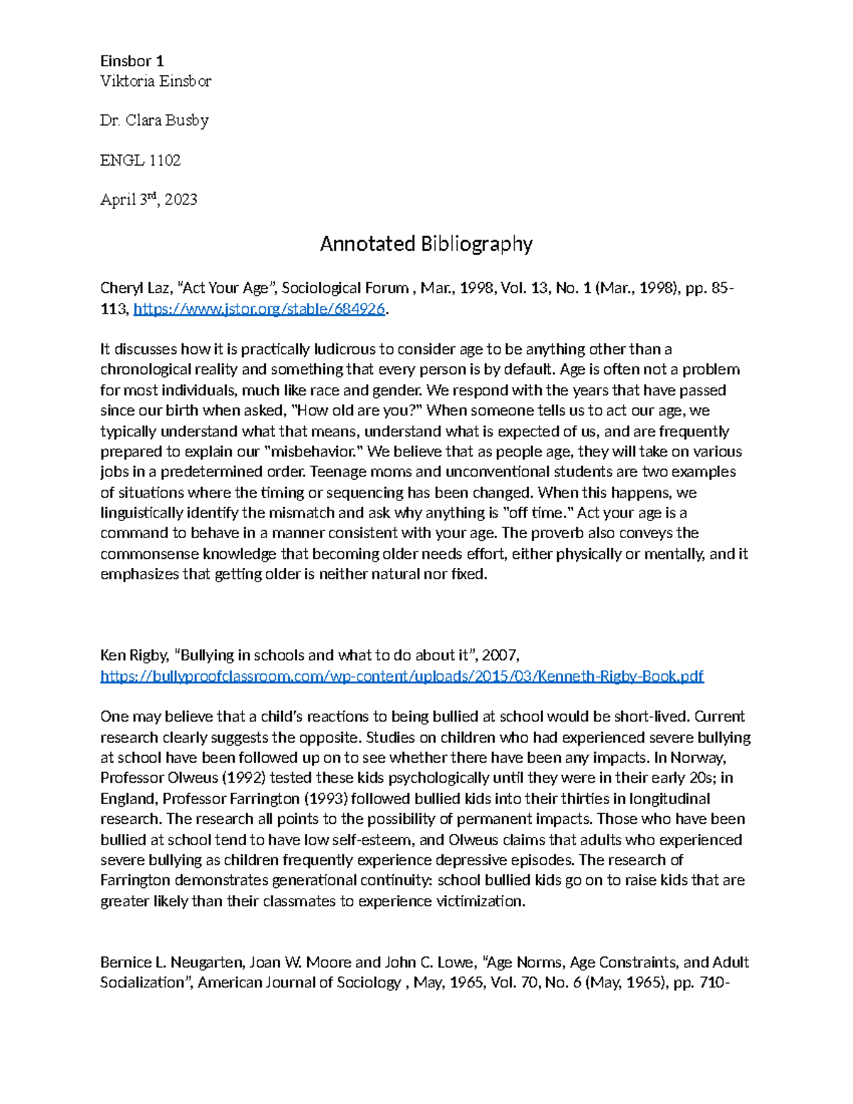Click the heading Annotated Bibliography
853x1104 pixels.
tap(426, 244)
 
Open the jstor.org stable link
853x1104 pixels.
tap(259, 309)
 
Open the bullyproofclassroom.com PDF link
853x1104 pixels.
tap(402, 675)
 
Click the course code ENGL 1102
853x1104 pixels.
tap(140, 160)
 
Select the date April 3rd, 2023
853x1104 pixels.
tap(149, 200)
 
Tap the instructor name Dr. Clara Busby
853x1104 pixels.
tap(154, 120)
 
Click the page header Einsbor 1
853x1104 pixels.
tap(132, 60)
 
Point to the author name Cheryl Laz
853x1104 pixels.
tap(134, 288)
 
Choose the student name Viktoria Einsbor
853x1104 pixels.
tap(156, 81)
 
